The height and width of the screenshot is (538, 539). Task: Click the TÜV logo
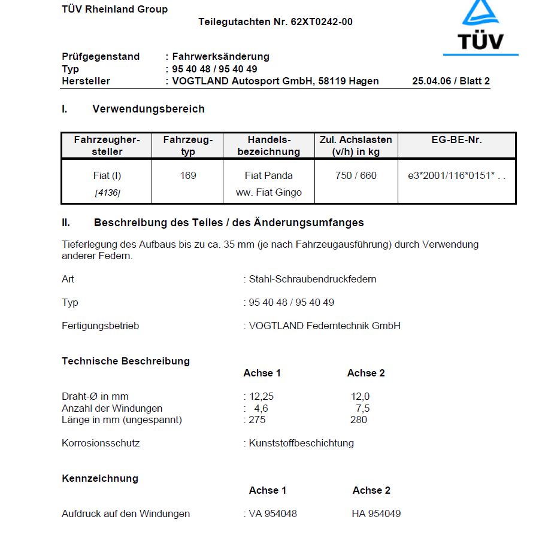[480, 27]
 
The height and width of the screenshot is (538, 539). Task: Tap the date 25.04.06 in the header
[433, 81]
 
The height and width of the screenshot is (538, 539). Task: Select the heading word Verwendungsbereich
[149, 109]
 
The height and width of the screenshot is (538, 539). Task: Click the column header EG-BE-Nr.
[456, 140]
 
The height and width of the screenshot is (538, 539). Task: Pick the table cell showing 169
[188, 176]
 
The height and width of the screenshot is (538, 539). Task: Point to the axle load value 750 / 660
[356, 176]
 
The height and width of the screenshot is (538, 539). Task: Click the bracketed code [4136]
[107, 193]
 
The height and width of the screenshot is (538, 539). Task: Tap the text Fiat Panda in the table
[269, 176]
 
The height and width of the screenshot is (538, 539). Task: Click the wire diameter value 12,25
[261, 396]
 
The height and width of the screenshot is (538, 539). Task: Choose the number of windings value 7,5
[362, 408]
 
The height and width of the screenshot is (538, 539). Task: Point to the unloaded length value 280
[359, 420]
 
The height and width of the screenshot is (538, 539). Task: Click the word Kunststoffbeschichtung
[301, 443]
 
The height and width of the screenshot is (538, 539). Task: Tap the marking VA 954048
[272, 513]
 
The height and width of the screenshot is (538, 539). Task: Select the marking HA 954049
[376, 513]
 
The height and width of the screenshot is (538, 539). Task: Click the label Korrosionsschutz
[101, 443]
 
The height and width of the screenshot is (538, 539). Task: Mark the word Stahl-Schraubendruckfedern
[313, 279]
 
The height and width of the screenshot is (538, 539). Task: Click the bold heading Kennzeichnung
[100, 478]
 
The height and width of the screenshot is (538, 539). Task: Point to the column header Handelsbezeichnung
[268, 145]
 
